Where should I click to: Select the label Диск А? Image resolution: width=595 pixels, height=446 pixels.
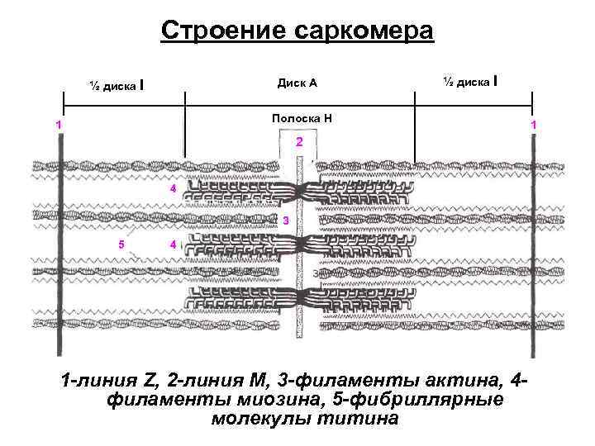(297, 82)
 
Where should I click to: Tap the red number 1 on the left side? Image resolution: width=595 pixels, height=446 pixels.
(59, 125)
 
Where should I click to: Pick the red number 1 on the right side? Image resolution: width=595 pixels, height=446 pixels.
(534, 125)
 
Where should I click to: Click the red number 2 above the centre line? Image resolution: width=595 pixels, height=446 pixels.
(298, 143)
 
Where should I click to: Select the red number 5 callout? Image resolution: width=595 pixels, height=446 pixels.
(121, 244)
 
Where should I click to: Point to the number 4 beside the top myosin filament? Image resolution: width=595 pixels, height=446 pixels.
(172, 189)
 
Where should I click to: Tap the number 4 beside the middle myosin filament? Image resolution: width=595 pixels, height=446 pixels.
(172, 244)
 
